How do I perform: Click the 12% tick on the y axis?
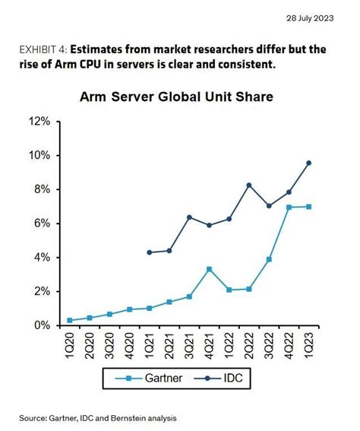40,122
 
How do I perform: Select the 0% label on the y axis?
43,325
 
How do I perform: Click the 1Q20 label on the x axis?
71,346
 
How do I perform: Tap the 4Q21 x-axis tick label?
209,346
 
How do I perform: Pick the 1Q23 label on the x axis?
308,346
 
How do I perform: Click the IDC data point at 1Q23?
308,163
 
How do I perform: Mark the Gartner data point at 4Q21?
209,269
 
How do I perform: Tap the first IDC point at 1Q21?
150,252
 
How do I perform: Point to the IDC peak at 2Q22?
249,185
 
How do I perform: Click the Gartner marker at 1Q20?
71,320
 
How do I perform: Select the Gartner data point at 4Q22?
289,208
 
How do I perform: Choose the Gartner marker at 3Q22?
269,259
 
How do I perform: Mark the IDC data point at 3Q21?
189,217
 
